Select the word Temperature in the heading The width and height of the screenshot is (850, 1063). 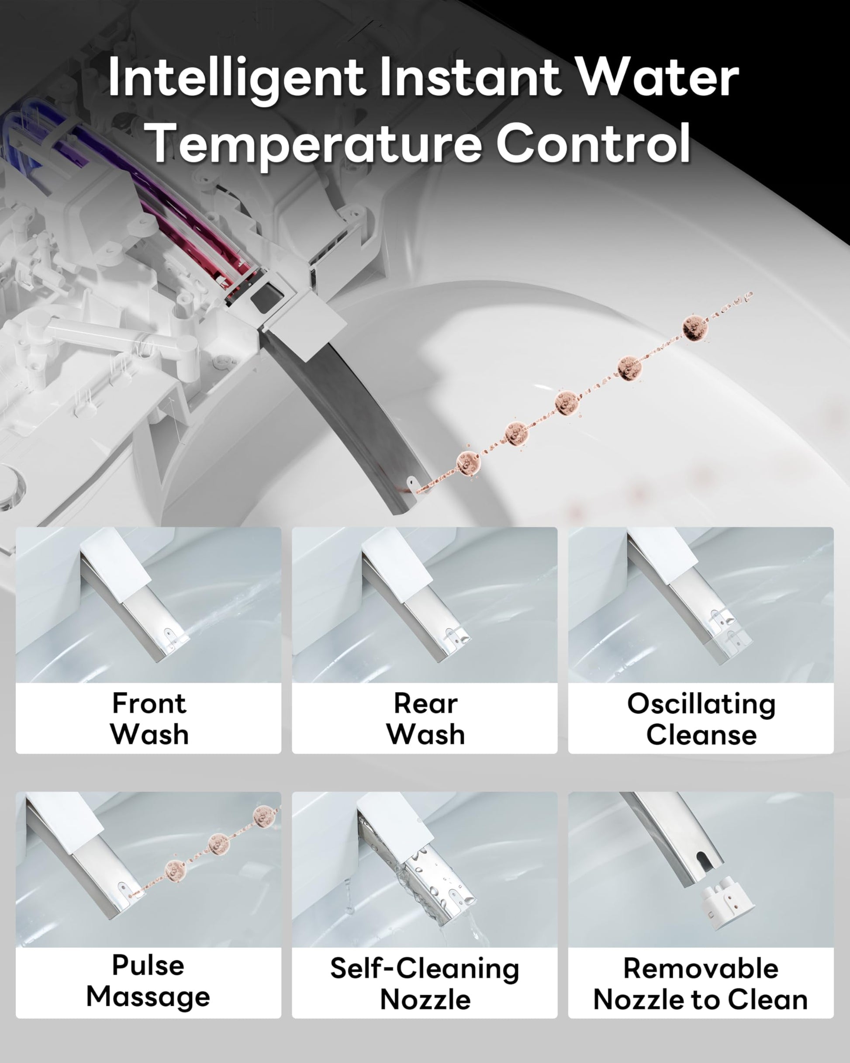(315, 145)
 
